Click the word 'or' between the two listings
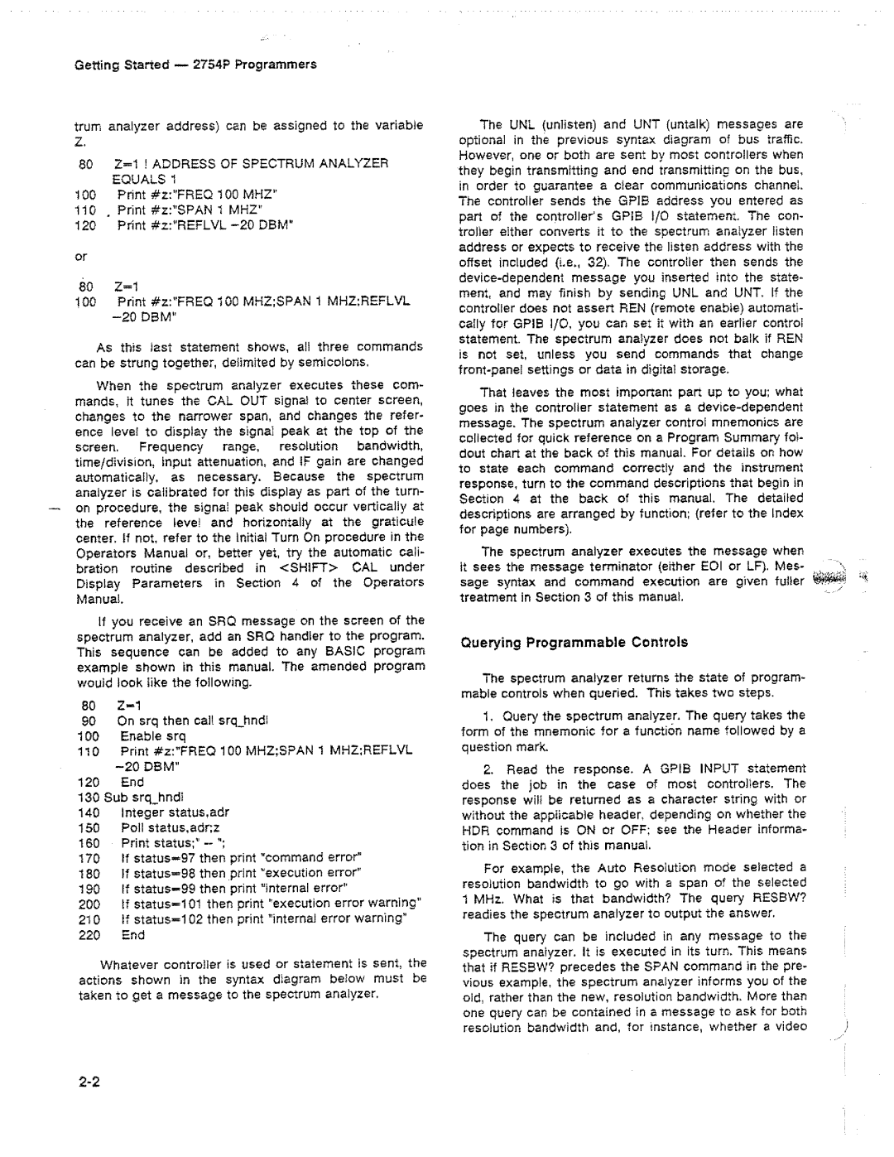point(81,257)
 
